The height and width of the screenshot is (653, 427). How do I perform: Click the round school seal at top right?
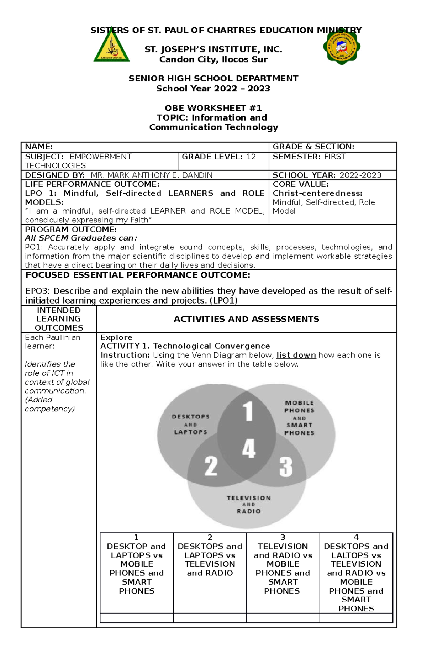click(342, 47)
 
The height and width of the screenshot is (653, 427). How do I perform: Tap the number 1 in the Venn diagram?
click(248, 411)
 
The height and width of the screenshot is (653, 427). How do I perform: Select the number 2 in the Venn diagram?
click(211, 466)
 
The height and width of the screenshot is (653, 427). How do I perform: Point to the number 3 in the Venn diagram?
click(286, 467)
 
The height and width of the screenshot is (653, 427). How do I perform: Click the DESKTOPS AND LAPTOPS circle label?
click(191, 424)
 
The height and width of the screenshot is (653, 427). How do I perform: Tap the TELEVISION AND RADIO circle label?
click(249, 504)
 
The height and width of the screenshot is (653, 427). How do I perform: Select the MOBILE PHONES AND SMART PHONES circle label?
click(299, 418)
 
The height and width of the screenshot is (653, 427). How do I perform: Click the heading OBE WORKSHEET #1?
click(213, 108)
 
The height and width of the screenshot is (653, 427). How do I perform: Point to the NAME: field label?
click(38, 147)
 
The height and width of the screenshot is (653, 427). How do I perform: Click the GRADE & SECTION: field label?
click(313, 147)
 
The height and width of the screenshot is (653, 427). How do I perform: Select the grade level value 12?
click(251, 157)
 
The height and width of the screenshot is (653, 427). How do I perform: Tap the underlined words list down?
click(296, 355)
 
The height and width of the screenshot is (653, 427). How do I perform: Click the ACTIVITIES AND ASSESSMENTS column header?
click(246, 319)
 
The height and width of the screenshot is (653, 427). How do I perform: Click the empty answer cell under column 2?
click(210, 618)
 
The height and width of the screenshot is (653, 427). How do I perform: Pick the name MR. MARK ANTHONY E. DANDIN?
click(152, 175)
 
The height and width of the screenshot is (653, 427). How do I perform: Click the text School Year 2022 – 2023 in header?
click(213, 89)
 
